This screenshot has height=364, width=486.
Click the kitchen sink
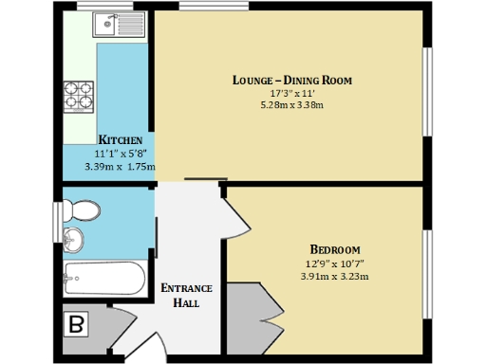[123, 24]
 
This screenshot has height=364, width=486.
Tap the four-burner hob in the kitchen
[78, 96]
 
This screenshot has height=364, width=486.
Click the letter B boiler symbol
[77, 324]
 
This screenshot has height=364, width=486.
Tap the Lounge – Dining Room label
[291, 81]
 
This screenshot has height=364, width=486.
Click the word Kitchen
[121, 140]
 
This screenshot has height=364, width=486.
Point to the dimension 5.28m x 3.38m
[291, 105]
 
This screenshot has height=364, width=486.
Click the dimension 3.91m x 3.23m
[334, 276]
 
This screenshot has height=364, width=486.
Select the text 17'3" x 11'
[291, 93]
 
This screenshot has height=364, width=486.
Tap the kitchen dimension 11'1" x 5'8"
[121, 154]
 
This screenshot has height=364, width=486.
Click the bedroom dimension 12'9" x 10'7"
[334, 263]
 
